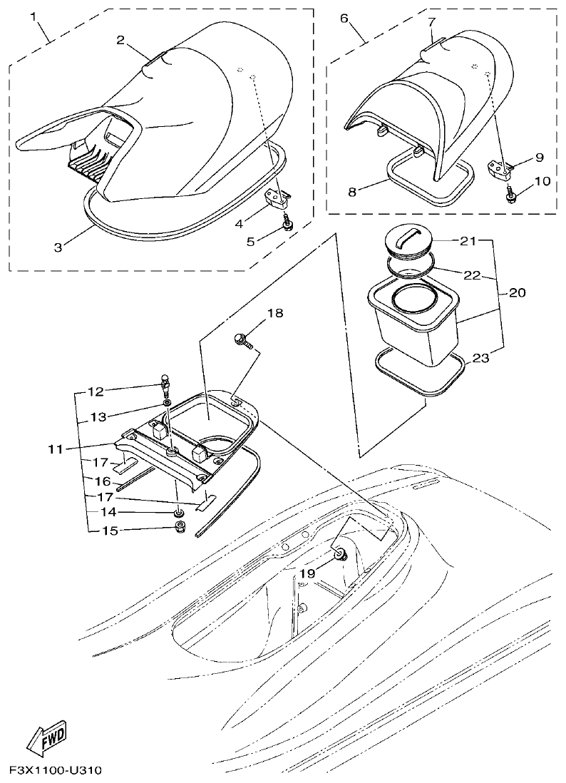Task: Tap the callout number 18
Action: (276, 313)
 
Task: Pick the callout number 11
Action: (55, 449)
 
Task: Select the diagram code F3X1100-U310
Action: (56, 771)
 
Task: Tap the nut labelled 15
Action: (180, 528)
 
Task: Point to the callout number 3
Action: (60, 247)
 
